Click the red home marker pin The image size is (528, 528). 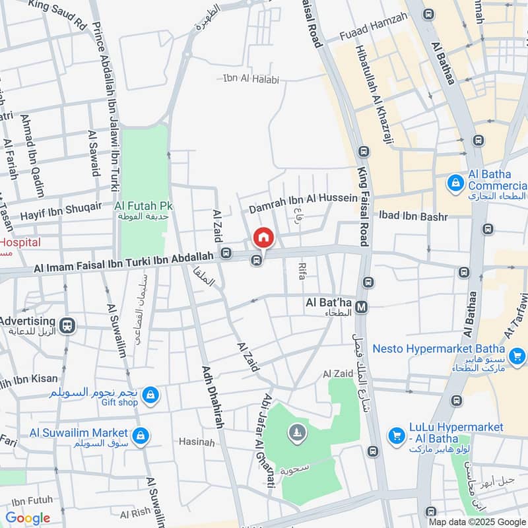click(263, 237)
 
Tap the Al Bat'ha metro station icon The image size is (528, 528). click(362, 307)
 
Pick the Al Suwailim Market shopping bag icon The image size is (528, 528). click(140, 436)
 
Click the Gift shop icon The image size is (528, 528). click(151, 395)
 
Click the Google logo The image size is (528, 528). click(28, 517)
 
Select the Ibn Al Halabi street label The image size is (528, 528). click(251, 79)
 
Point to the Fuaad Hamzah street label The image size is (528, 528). click(373, 36)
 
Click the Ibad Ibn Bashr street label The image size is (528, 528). click(413, 216)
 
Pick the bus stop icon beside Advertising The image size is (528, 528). click(67, 325)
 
